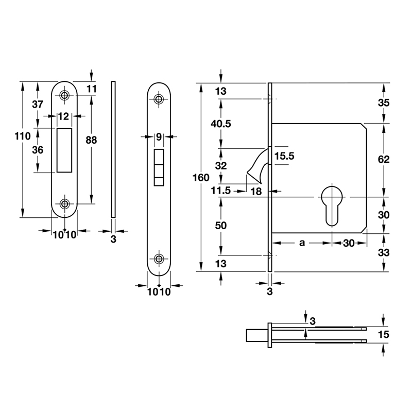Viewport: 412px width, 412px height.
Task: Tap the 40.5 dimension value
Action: [221, 124]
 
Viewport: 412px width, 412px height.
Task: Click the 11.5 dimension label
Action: [221, 191]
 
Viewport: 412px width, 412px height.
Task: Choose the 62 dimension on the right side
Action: [383, 160]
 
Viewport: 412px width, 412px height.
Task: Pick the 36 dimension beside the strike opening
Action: [38, 150]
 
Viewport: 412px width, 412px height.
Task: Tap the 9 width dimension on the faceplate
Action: [159, 136]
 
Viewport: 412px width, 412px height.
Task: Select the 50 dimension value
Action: [221, 226]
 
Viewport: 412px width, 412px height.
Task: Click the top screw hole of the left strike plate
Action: [64, 95]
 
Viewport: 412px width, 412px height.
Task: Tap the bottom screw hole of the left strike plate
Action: [64, 204]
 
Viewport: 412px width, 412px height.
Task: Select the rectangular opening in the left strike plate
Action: [64, 150]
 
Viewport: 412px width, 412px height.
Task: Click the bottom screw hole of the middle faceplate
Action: [160, 259]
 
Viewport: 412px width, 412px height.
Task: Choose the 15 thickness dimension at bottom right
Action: [383, 335]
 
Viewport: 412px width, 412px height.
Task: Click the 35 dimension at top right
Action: [383, 102]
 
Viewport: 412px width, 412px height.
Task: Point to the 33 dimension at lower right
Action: [383, 252]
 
